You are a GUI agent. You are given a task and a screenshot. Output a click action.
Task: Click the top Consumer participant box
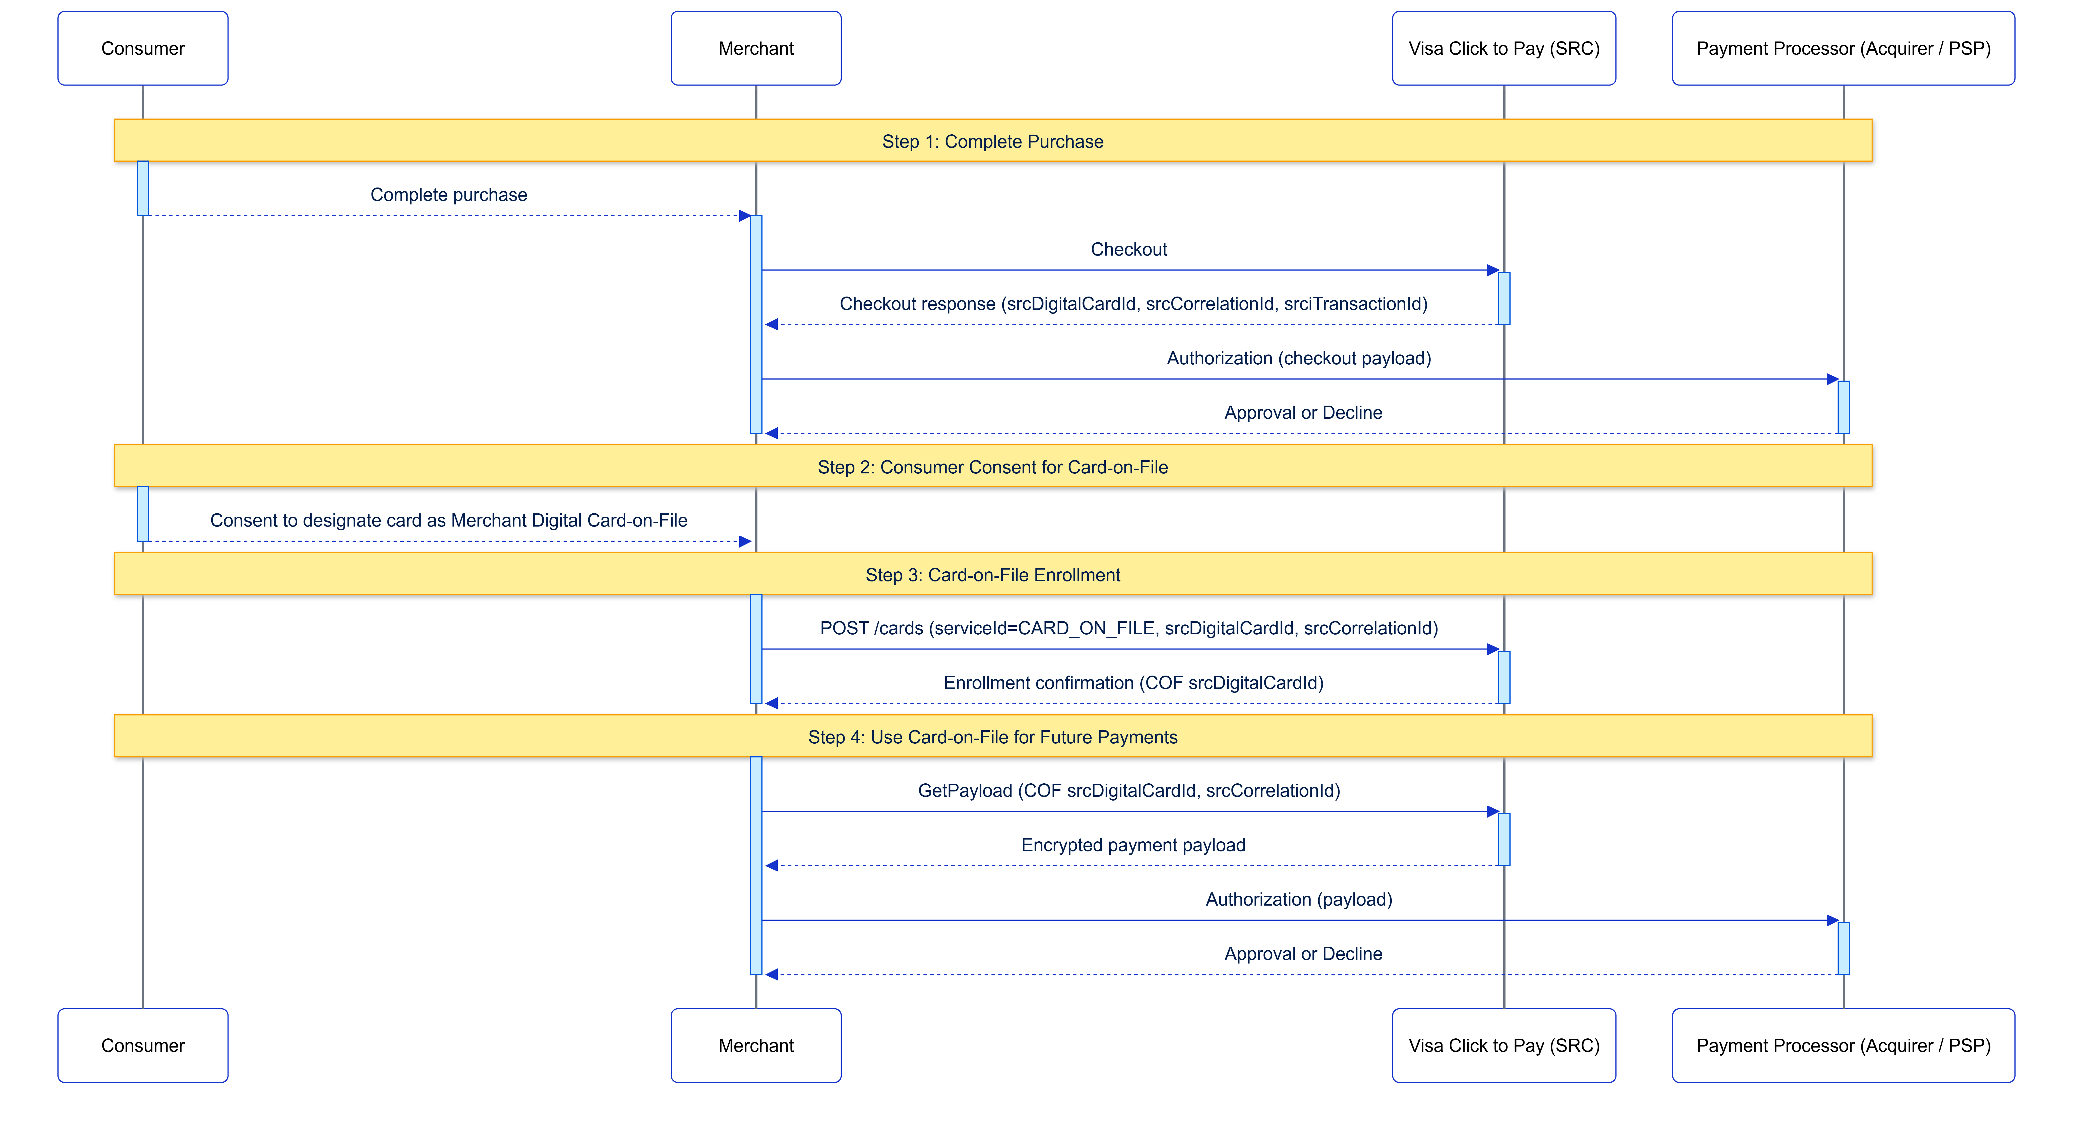(142, 48)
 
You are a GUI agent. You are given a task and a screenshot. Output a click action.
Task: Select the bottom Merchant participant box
(756, 1045)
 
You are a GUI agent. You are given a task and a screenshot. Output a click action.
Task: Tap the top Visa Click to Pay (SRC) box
(1503, 48)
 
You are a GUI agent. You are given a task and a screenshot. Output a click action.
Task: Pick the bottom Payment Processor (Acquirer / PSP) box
(1843, 1045)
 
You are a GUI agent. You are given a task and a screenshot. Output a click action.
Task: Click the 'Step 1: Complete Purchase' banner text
(992, 142)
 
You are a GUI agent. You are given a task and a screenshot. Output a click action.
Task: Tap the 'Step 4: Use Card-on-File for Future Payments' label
(992, 737)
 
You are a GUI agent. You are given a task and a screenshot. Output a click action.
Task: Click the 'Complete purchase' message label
(448, 195)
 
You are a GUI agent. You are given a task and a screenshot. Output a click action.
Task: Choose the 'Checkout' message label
(1128, 249)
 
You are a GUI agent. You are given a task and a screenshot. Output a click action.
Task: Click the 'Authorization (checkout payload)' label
(1298, 358)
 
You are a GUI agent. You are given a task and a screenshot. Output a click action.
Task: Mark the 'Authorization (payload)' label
(1298, 900)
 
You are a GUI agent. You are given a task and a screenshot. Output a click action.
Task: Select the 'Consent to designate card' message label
(448, 521)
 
